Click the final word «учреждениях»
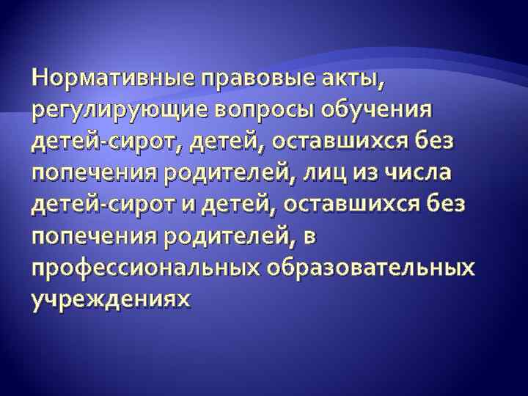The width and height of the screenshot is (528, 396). tap(109, 300)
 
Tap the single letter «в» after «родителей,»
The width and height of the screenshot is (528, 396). tap(299, 238)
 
